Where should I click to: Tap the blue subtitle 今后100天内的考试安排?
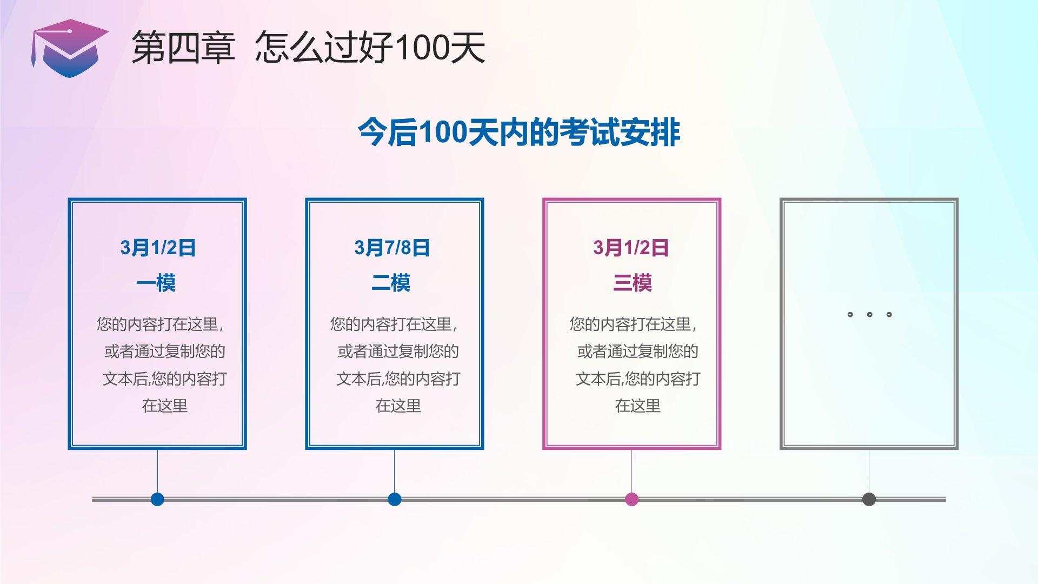(518, 132)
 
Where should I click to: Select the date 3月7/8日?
(392, 248)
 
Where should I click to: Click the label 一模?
(156, 283)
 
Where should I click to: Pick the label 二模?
(391, 283)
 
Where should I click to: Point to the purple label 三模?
(632, 283)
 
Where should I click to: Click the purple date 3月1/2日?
(631, 248)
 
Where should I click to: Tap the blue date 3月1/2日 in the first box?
(158, 248)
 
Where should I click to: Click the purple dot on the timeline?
(631, 499)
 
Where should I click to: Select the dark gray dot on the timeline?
(869, 499)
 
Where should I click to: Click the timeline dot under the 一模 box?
(157, 499)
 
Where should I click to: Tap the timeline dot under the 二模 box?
(395, 499)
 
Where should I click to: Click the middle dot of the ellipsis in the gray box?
(869, 314)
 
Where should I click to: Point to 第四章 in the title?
(183, 48)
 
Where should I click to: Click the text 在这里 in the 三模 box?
(638, 406)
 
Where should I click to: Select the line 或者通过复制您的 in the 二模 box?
(398, 351)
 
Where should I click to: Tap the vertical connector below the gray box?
(869, 470)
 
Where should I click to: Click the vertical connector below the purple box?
(631, 470)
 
